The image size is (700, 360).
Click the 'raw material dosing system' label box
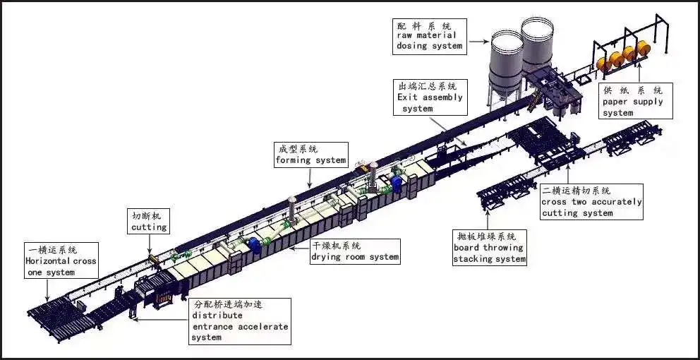tap(429, 36)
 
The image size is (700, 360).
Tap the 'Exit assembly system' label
tap(431, 97)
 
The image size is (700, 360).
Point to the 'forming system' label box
tap(310, 155)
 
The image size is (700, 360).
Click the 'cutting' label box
tap(149, 221)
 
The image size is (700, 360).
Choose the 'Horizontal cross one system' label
tap(61, 261)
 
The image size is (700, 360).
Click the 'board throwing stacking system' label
tap(489, 248)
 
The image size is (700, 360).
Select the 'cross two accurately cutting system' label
tap(592, 202)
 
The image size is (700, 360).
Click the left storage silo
tap(506, 67)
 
